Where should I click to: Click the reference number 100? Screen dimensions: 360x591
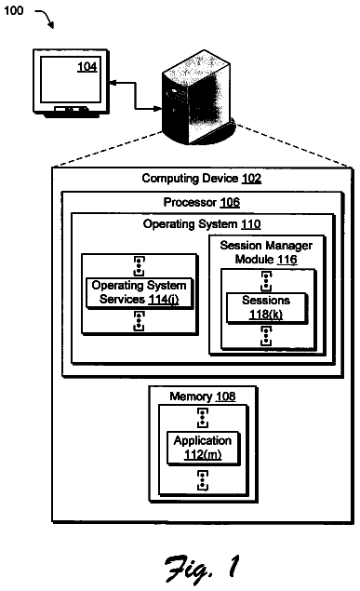(x=14, y=10)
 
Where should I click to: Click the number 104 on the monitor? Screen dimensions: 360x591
(x=87, y=67)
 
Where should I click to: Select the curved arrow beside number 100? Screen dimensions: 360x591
(x=46, y=19)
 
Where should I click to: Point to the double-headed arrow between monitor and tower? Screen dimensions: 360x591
(x=135, y=96)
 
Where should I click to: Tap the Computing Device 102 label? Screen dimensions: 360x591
(x=202, y=179)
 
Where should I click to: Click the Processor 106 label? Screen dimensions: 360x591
(x=202, y=202)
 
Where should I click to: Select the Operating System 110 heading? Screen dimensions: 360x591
(x=202, y=224)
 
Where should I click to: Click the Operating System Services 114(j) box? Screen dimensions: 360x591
(x=140, y=293)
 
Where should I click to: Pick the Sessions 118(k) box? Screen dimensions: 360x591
(x=267, y=307)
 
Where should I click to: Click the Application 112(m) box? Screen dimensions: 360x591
(x=203, y=448)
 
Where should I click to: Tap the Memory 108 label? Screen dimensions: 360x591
(x=203, y=396)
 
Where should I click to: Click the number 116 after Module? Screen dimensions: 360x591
(x=287, y=260)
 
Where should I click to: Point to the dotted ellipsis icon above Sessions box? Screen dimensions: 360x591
(x=266, y=281)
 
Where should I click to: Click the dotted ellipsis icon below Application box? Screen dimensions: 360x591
(x=203, y=480)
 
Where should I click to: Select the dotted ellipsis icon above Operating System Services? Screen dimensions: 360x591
(x=139, y=266)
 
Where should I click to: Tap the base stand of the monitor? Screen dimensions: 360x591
(x=71, y=112)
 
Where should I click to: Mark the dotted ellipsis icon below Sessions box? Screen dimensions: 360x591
(x=266, y=336)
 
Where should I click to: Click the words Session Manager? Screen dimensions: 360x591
(x=266, y=246)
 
